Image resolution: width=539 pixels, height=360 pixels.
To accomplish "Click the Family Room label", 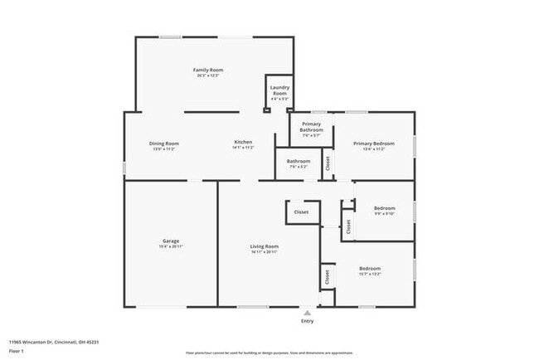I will (208, 70).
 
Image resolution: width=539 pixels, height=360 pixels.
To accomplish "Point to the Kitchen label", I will (243, 143).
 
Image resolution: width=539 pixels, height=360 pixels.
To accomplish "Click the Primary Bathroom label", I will (311, 127).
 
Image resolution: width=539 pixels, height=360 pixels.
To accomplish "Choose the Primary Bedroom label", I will (373, 143).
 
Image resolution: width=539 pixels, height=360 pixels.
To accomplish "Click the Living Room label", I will (265, 246).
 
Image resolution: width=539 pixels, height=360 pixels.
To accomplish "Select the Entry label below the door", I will (308, 321).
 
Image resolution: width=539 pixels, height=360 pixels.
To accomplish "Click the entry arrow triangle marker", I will (308, 312).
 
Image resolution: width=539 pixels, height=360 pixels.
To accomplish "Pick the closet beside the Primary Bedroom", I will (327, 163).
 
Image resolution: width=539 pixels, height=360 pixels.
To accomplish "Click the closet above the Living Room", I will (301, 212).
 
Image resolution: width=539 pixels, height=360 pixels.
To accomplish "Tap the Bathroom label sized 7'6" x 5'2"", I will (299, 161).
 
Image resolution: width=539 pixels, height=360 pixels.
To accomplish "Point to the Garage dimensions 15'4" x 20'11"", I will (171, 246).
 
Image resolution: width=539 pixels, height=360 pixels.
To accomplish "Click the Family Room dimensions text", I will (208, 75).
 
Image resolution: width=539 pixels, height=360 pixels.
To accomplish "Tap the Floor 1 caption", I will (16, 351).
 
